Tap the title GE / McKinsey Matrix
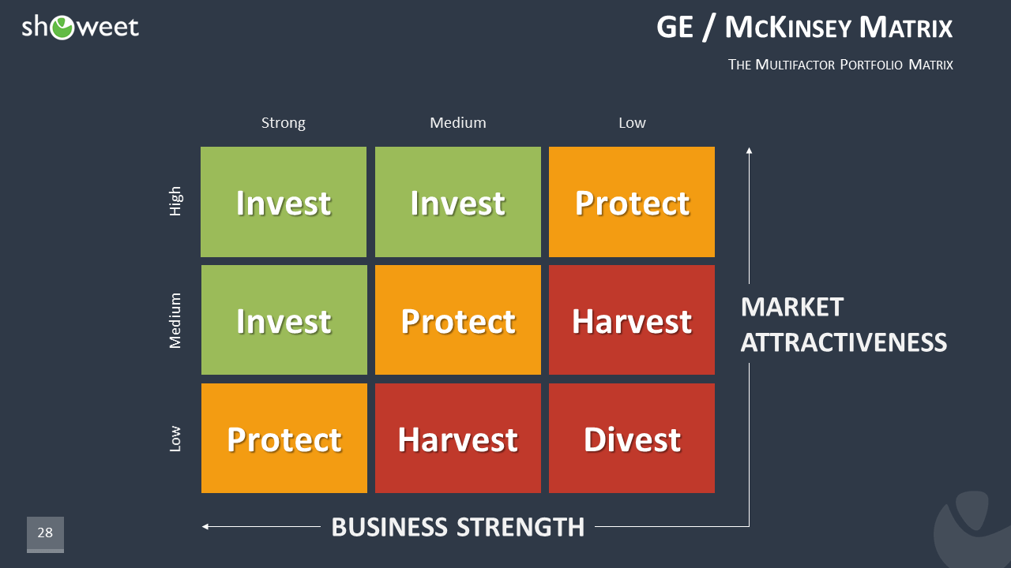804,28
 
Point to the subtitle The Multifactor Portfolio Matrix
840,65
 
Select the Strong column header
283,123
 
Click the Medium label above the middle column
458,123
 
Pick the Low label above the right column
632,123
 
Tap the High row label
175,201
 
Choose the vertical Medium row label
175,320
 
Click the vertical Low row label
175,439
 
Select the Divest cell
632,439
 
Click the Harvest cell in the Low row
458,439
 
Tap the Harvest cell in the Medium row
632,320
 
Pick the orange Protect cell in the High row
632,202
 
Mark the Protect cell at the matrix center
458,320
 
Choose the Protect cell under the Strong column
284,439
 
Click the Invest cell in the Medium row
284,320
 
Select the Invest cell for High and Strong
284,202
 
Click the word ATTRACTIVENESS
844,342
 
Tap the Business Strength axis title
458,526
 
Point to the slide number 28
45,533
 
